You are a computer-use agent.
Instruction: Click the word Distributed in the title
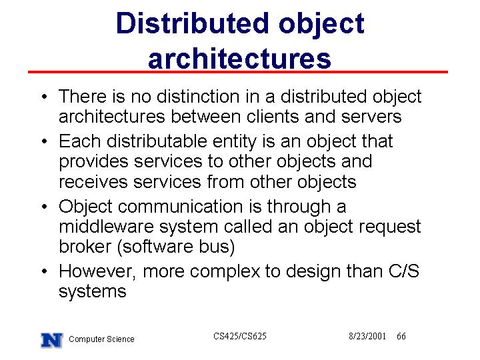coord(193,23)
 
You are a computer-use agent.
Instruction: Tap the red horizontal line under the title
coord(238,72)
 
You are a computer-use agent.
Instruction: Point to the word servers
coord(371,117)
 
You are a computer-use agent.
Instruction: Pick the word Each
coord(79,141)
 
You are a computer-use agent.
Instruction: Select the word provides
coord(93,162)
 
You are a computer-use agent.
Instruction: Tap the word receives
coord(93,182)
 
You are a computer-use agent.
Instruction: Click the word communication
coord(180,206)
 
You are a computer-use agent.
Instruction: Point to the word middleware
coord(106,227)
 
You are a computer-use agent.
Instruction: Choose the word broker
coord(85,247)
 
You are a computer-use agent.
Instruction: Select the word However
coord(95,271)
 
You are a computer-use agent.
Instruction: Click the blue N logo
coord(52,340)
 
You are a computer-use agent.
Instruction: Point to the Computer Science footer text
coord(101,339)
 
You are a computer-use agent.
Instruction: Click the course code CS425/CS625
coord(240,336)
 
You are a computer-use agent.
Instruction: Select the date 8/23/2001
coord(367,336)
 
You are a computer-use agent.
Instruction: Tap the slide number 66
coord(401,336)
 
